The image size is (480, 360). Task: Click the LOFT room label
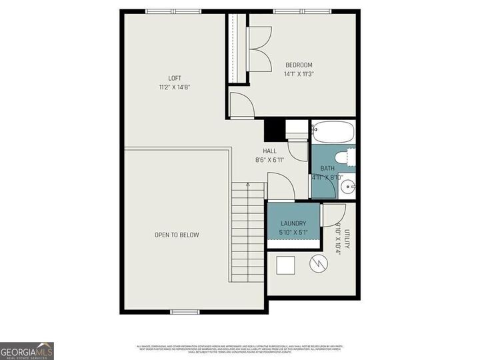[x=174, y=78]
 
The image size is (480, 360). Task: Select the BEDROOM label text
[x=299, y=65]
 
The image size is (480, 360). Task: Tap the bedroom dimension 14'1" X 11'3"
[x=299, y=74]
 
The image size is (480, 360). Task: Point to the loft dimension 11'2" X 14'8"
[x=174, y=87]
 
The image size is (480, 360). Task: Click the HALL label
[x=269, y=151]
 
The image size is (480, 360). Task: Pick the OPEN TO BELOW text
[x=177, y=235]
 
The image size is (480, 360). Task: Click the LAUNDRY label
[x=293, y=223]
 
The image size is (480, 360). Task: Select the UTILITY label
[x=346, y=238]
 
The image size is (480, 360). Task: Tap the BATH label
[x=327, y=169]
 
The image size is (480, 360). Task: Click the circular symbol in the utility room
[x=319, y=263]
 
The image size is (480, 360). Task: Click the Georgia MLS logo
[x=27, y=351]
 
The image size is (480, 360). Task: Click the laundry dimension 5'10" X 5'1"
[x=293, y=233]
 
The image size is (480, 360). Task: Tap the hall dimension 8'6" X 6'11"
[x=269, y=160]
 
